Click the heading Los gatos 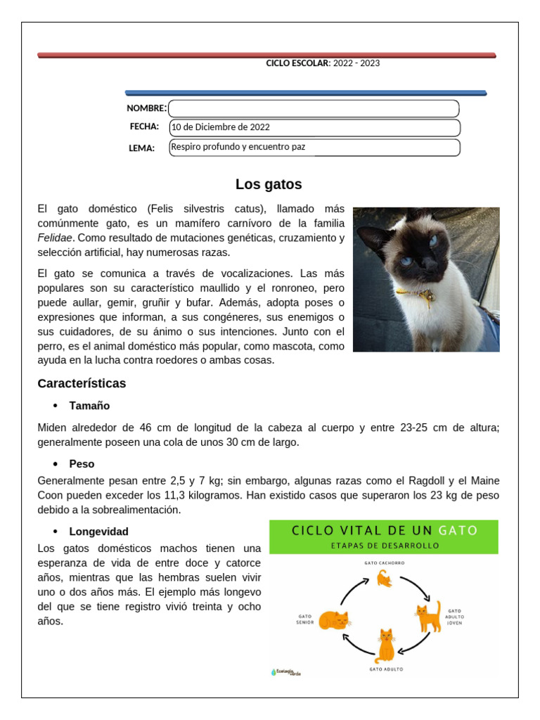tap(269, 185)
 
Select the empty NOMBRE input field tap(314, 108)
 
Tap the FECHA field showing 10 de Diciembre tap(314, 127)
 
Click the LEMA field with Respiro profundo tap(314, 147)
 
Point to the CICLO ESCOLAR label tap(297, 63)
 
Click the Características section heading tap(82, 384)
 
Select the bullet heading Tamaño tap(89, 406)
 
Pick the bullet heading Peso tap(82, 464)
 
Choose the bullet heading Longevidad tap(98, 532)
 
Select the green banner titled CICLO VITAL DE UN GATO tap(384, 536)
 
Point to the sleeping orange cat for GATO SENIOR tap(333, 620)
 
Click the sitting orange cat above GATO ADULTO tap(385, 645)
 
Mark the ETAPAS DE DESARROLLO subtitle tap(384, 546)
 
